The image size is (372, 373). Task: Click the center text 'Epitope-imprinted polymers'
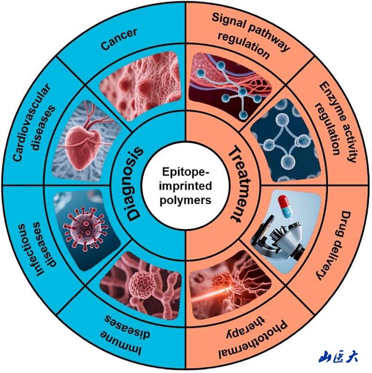(x=186, y=186)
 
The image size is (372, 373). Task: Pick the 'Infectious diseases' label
(x=37, y=251)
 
